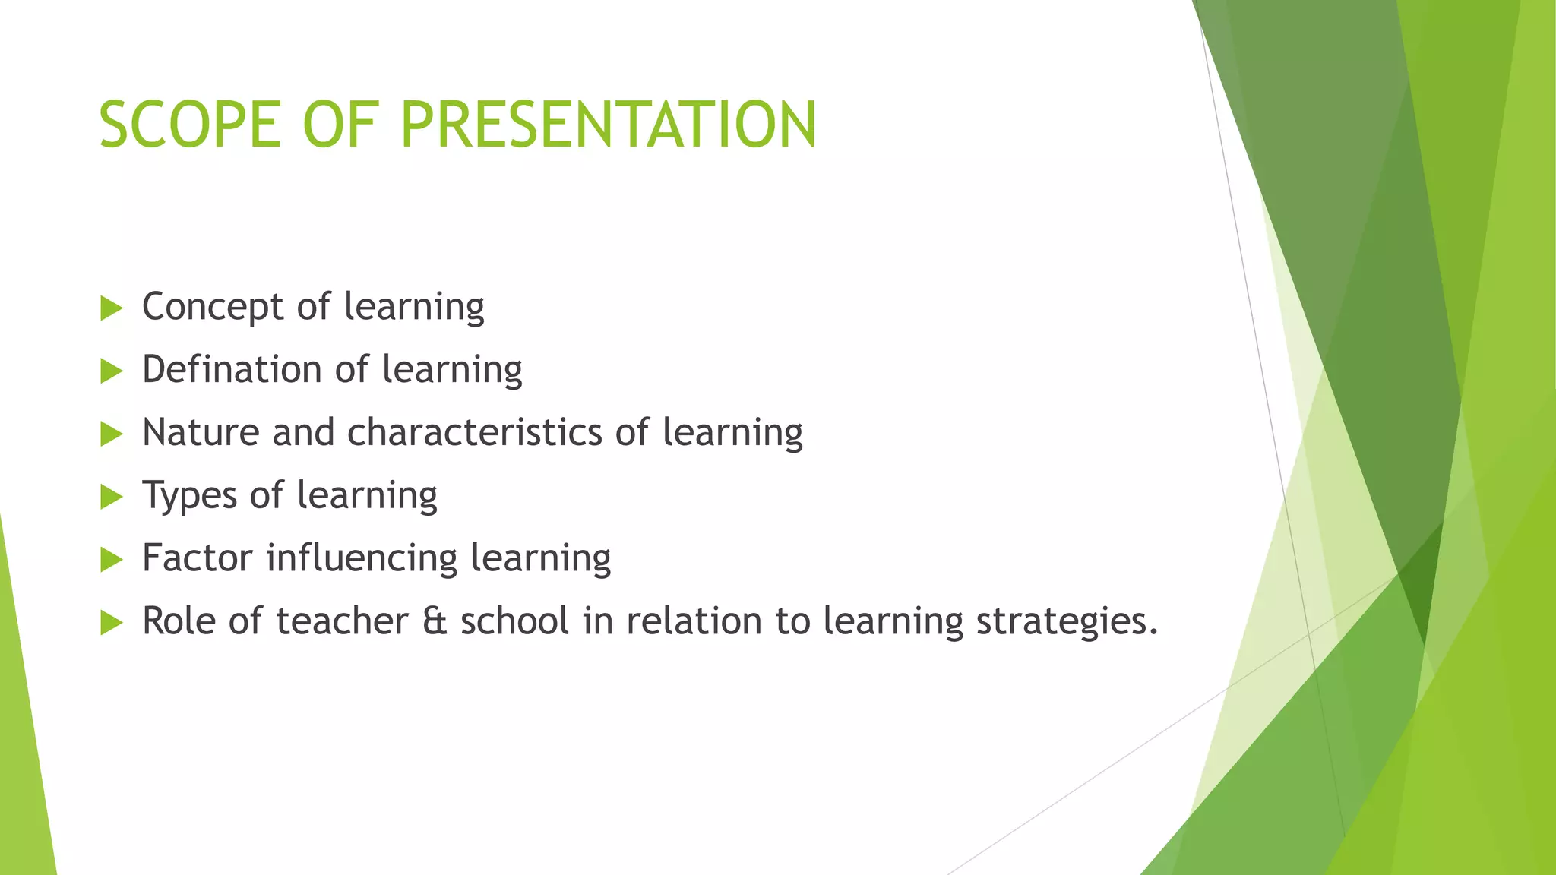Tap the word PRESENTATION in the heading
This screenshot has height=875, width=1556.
[x=608, y=125]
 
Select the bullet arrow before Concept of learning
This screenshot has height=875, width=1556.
[x=111, y=308]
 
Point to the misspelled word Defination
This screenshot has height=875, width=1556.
[x=232, y=370]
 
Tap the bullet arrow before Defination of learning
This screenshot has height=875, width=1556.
[x=111, y=371]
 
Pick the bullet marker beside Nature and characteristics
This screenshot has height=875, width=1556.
[x=111, y=434]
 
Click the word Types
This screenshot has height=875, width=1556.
[x=190, y=497]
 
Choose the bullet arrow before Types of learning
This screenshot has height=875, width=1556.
[x=111, y=498]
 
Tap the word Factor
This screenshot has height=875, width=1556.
[x=197, y=558]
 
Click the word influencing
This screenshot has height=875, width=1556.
[x=362, y=559]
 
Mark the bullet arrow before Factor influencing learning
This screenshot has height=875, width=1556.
[x=111, y=561]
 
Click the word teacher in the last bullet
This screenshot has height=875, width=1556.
[x=342, y=621]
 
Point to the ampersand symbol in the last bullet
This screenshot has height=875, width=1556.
[x=435, y=621]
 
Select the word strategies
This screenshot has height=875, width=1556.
[x=1067, y=622]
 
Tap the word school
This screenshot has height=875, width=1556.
[x=514, y=621]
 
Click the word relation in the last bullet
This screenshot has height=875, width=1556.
[x=694, y=621]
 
